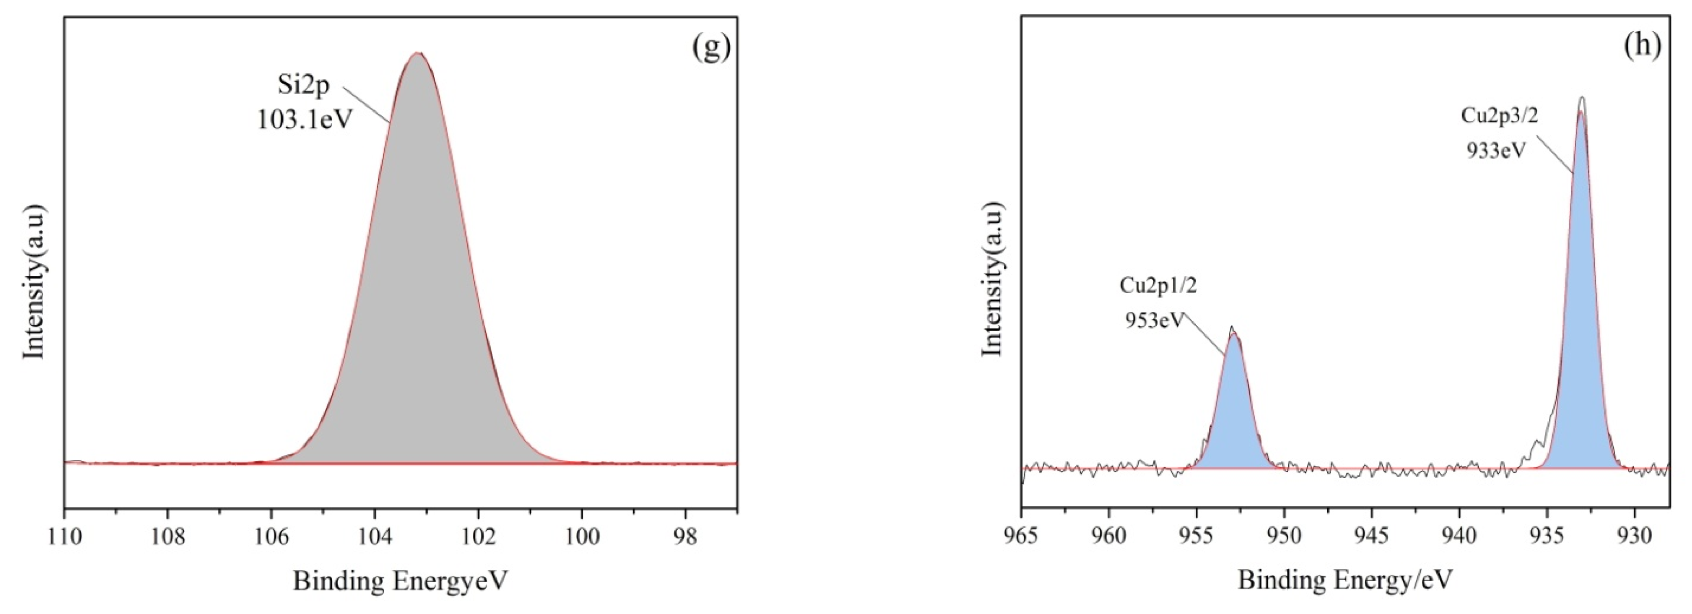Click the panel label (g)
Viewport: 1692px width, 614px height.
711,47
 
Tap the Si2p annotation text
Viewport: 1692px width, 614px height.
303,86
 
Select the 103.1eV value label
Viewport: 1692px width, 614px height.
305,120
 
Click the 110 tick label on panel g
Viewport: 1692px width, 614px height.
64,537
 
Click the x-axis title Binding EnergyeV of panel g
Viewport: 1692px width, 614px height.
401,581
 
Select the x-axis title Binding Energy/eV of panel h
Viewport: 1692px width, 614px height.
1345,581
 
